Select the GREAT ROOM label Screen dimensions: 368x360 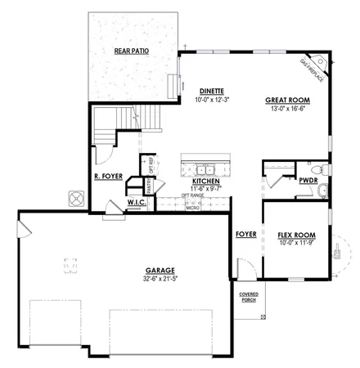coord(286,99)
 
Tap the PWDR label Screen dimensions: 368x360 coord(308,180)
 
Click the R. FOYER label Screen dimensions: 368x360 coord(109,175)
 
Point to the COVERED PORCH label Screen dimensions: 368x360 coord(249,297)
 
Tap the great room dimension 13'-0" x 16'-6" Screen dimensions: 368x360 coord(286,107)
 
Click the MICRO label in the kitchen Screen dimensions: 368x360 coord(193,208)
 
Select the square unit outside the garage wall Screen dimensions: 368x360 coord(76,199)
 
